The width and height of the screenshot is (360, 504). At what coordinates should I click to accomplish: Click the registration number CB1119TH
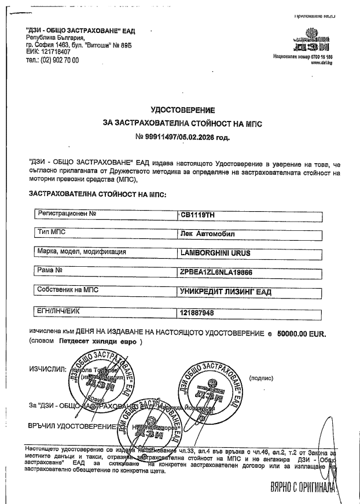pyautogui.click(x=199, y=215)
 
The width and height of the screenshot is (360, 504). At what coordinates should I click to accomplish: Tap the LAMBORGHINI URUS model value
pyautogui.click(x=216, y=253)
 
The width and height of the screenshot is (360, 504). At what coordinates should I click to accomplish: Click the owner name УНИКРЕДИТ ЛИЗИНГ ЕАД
pyautogui.click(x=226, y=290)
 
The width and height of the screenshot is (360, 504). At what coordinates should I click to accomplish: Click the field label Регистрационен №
pyautogui.click(x=66, y=214)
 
